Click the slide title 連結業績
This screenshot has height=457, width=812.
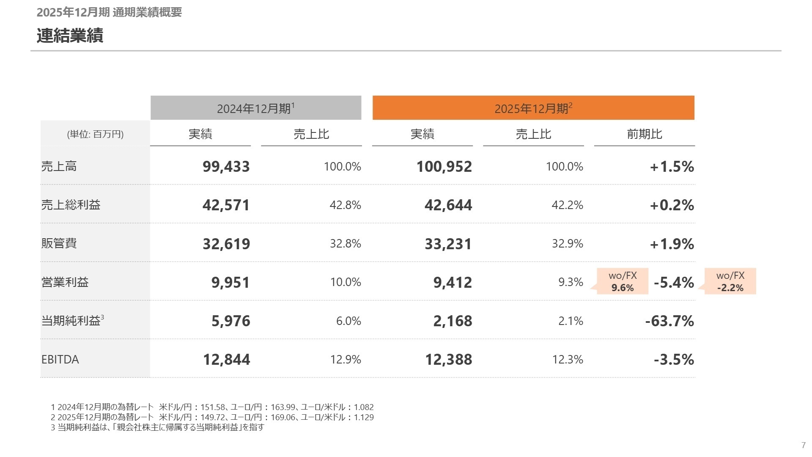click(70, 36)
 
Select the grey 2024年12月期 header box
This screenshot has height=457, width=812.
click(255, 108)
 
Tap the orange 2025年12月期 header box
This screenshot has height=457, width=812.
click(533, 108)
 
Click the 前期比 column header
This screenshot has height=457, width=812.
click(644, 134)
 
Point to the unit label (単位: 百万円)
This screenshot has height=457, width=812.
click(95, 134)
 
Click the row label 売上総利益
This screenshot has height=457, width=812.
click(71, 205)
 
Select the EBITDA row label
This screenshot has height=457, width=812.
click(60, 359)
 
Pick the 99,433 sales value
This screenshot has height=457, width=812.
click(226, 166)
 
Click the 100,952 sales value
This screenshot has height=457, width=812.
click(444, 166)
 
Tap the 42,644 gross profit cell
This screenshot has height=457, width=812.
click(448, 205)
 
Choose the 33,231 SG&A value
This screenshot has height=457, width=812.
click(448, 244)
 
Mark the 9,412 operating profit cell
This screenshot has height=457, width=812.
click(452, 282)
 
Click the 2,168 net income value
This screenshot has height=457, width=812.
click(452, 321)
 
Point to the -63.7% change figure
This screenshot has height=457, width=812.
click(669, 321)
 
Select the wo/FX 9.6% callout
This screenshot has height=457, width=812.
click(623, 281)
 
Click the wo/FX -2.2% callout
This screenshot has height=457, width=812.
click(730, 281)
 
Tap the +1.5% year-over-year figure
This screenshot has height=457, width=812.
click(672, 166)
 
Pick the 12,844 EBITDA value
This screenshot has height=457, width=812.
click(226, 359)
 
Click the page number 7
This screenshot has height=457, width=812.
click(804, 445)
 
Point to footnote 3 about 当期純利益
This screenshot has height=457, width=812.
click(157, 427)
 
